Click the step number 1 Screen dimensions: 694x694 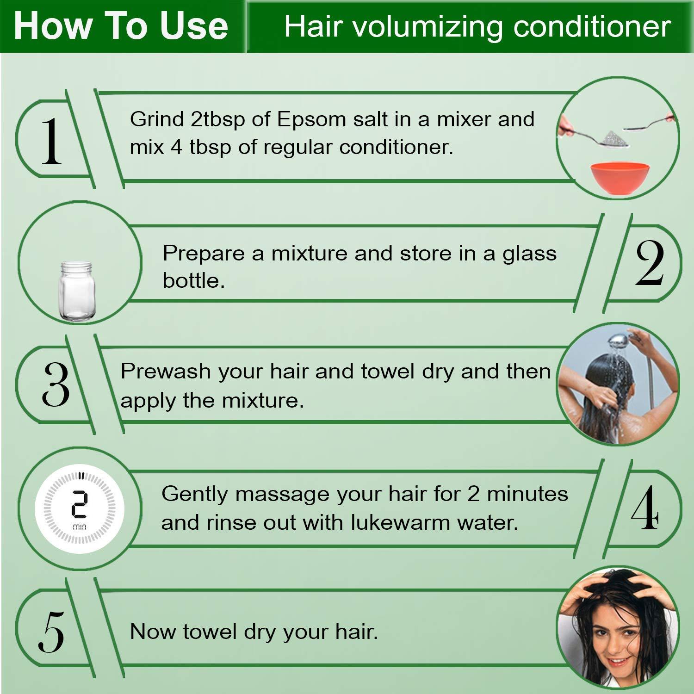click(51, 142)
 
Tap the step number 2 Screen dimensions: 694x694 click(650, 263)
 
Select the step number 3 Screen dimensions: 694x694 click(56, 384)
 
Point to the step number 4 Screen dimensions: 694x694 click(645, 508)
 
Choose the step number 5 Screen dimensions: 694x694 click(51, 632)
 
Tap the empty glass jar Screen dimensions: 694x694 click(76, 290)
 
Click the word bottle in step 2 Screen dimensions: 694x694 click(194, 280)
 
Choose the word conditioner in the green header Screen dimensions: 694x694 click(592, 26)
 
